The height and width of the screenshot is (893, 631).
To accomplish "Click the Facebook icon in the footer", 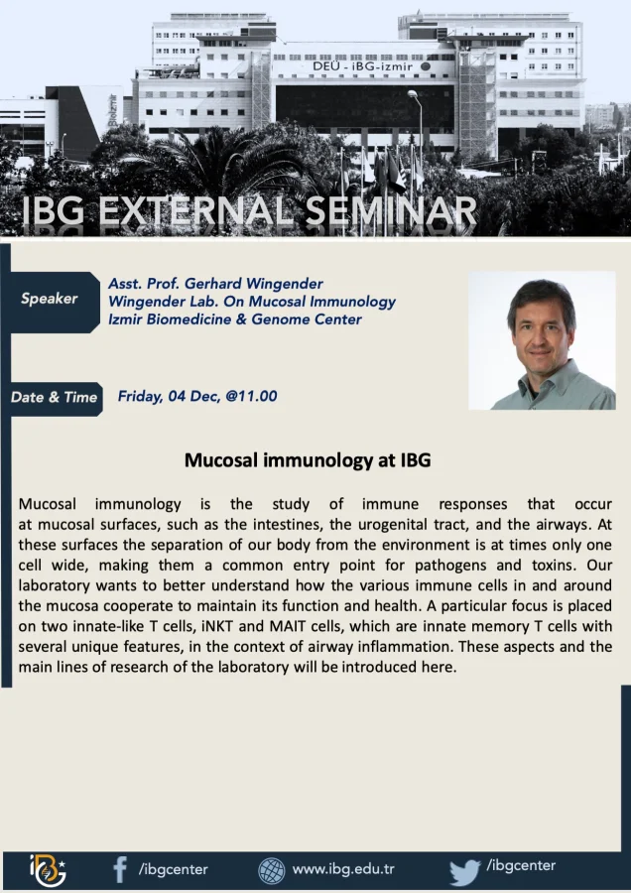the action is click(120, 870).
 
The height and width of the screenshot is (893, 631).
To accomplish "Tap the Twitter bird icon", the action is click(464, 872).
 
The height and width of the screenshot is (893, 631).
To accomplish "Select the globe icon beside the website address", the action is click(272, 871).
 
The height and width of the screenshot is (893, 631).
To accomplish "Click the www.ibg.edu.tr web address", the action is click(343, 869).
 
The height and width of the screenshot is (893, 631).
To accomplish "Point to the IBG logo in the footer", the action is click(48, 871).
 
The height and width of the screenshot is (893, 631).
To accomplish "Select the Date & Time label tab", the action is click(55, 397).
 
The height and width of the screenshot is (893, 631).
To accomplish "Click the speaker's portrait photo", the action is click(542, 340).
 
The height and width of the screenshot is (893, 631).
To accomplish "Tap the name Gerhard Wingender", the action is click(253, 284).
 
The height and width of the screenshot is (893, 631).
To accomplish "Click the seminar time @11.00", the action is click(251, 396).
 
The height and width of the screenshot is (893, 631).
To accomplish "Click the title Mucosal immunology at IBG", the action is click(308, 460).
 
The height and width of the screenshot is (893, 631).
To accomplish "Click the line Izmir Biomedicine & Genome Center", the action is click(234, 319).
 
